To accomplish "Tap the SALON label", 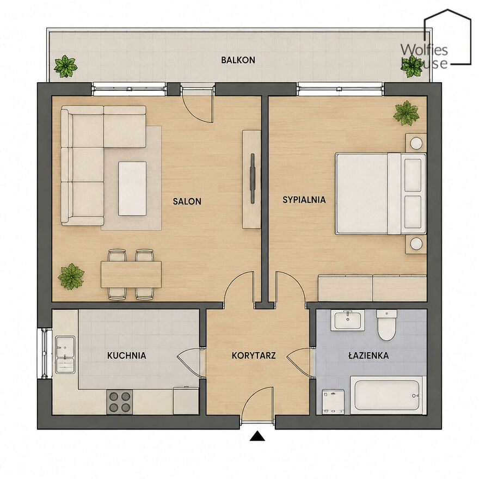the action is point(187,201).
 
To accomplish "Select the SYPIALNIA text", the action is point(304,200).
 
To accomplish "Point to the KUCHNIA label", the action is point(126,355).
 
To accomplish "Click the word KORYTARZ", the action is point(254,355).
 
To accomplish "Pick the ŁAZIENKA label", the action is point(369,355).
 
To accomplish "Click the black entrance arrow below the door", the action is point(257,436).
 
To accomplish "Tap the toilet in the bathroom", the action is point(387,325).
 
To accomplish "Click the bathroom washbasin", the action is point(348,321).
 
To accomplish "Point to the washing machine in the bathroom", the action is point(333,402).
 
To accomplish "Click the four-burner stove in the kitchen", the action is point(119,402).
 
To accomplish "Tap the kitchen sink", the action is point(65,355).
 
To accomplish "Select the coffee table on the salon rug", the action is point(132,189).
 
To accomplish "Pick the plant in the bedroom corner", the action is point(406,113).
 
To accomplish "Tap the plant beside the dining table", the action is point(71,277).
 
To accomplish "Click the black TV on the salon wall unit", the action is point(253,179).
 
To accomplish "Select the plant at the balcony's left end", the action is point(65,66).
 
